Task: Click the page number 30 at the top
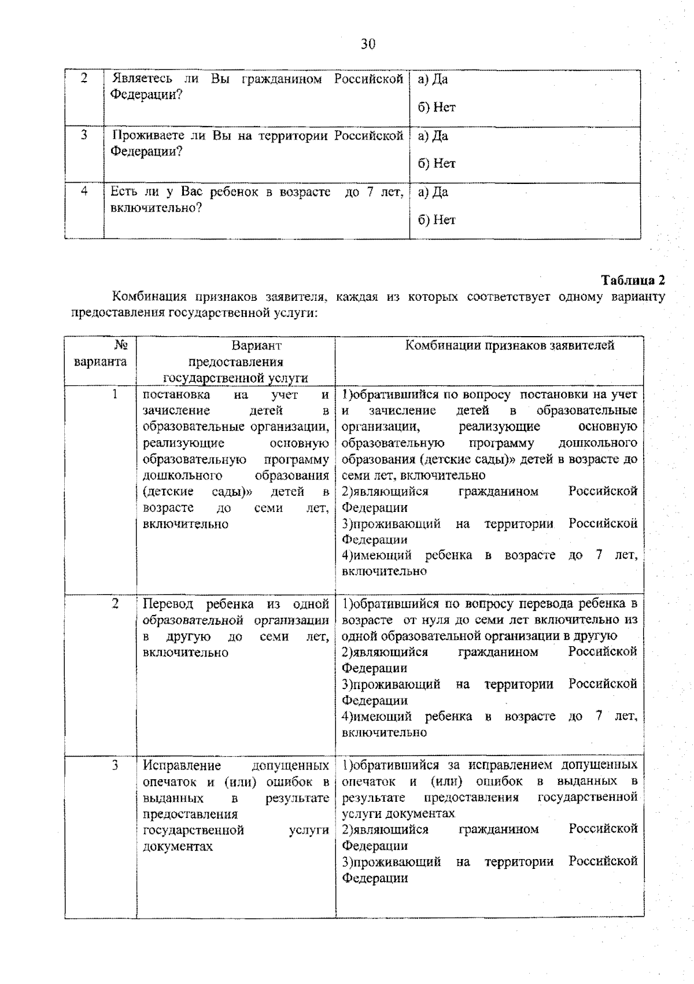point(368,44)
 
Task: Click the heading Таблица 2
point(633,281)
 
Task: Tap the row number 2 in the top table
point(84,79)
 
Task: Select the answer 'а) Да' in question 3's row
point(433,136)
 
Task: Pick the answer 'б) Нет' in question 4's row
point(437,220)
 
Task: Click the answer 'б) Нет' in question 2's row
point(437,107)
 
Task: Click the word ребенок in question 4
point(234,192)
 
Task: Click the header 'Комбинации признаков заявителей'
point(510,346)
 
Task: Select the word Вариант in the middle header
point(256,346)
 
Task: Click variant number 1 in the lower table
point(115,395)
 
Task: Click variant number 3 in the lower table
point(115,765)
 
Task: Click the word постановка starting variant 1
point(176,395)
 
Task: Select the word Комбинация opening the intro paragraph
point(149,297)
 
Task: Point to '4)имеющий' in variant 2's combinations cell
point(376,717)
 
